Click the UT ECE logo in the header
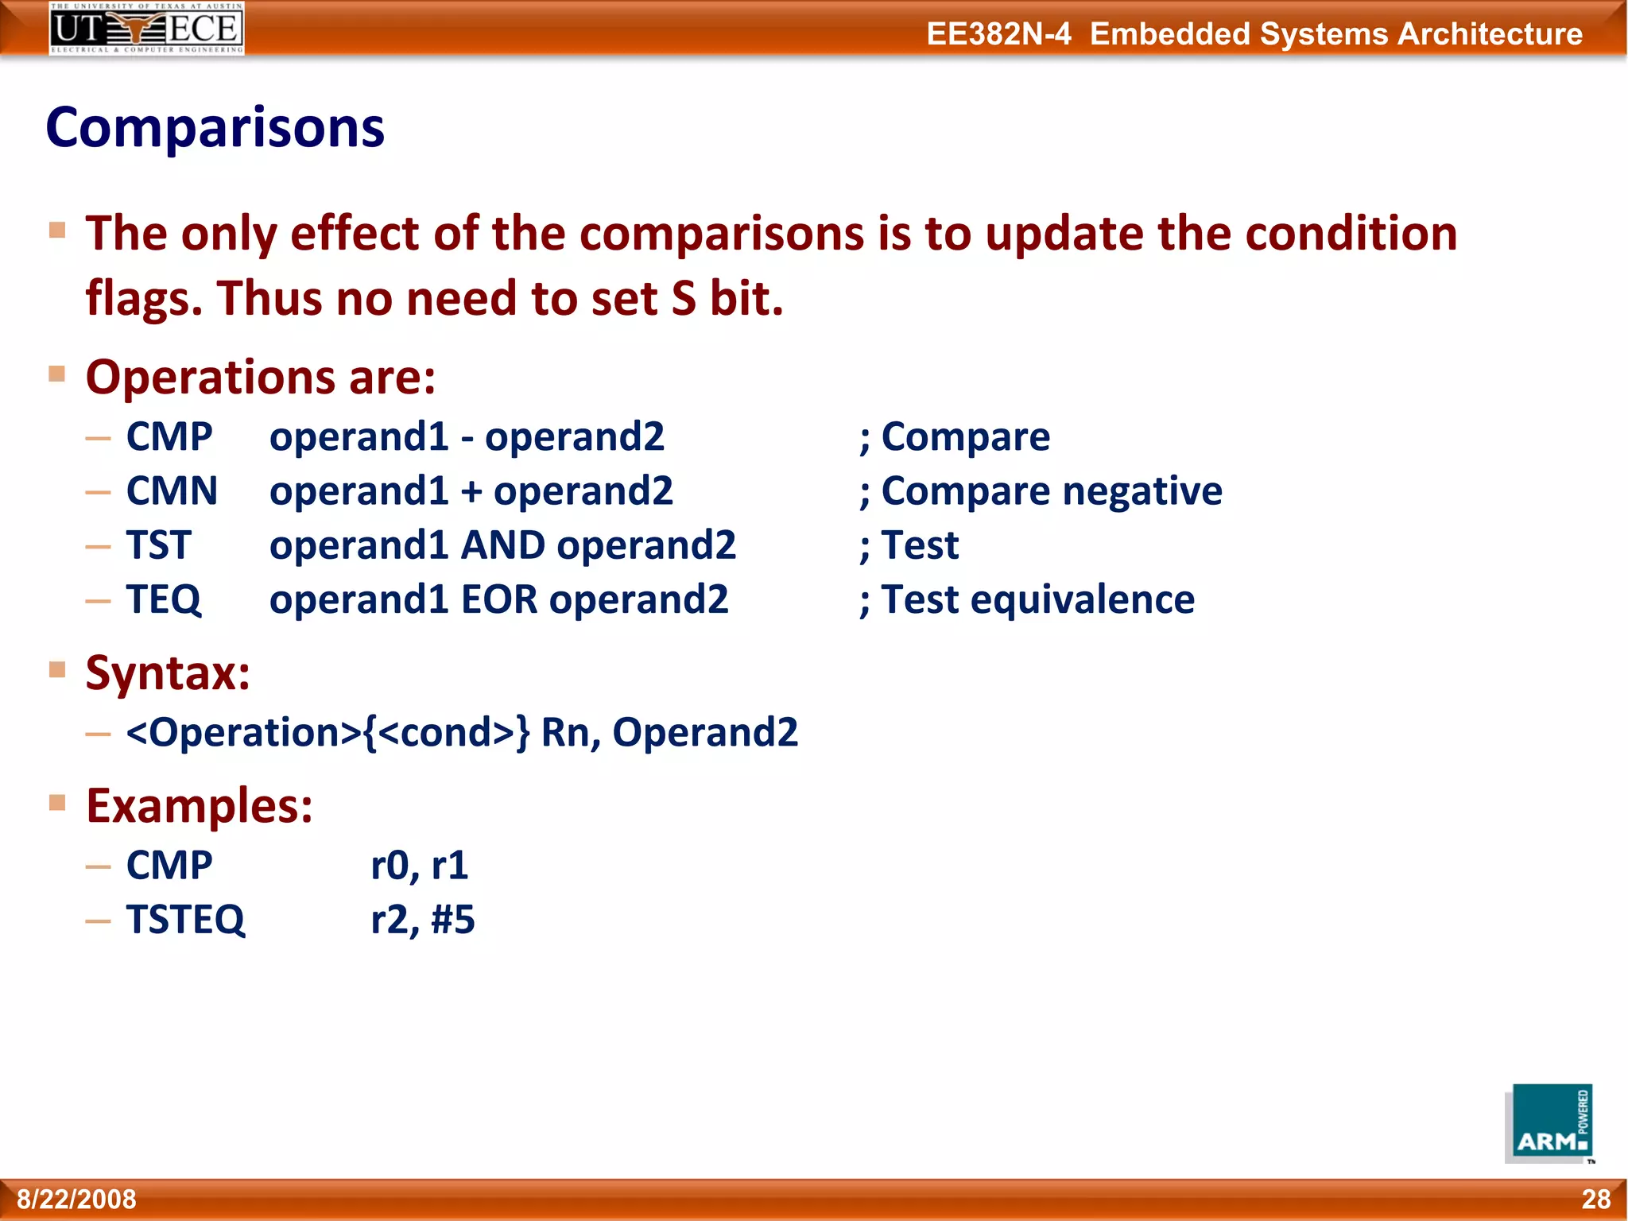146,28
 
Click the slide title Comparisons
215,128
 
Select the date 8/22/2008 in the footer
76,1199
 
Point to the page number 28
1595,1199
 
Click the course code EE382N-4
998,34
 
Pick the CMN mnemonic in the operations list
172,491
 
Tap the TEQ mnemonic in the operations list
164,599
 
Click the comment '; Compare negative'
1041,491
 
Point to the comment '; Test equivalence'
1026,599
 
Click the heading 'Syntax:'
168,673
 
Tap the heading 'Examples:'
199,806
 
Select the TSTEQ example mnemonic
185,920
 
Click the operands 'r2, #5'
423,920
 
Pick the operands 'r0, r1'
420,865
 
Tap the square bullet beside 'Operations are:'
56,374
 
